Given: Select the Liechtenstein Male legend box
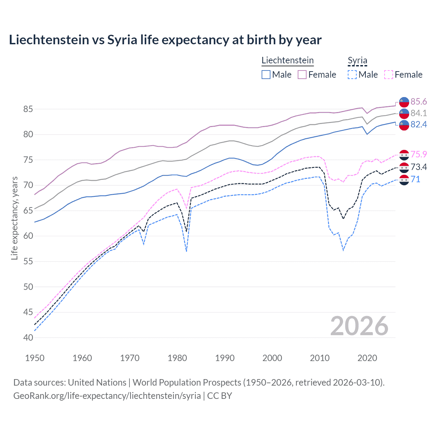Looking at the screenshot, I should pyautogui.click(x=266, y=75).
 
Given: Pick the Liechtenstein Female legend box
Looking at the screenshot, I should pyautogui.click(x=302, y=75).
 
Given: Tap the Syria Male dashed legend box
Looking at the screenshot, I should pyautogui.click(x=352, y=75).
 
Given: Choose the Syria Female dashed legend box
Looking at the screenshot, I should pyautogui.click(x=389, y=75).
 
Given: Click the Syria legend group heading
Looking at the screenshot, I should pyautogui.click(x=357, y=61).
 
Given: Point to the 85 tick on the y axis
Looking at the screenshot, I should pyautogui.click(x=28, y=109).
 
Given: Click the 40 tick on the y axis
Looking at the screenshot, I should pyautogui.click(x=28, y=338).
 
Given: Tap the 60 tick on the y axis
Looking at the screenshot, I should pyautogui.click(x=28, y=236).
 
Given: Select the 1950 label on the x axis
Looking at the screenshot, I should pyautogui.click(x=35, y=358).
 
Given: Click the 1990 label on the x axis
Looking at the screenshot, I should pyautogui.click(x=225, y=358).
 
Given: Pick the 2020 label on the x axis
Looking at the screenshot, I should pyautogui.click(x=367, y=358).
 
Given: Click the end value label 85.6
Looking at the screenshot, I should pyautogui.click(x=419, y=102).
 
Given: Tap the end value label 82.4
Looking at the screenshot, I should pyautogui.click(x=419, y=125).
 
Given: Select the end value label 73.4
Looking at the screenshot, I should pyautogui.click(x=419, y=167).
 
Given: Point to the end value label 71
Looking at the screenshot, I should pyautogui.click(x=416, y=180).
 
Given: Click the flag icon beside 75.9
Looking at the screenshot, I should pyautogui.click(x=404, y=155).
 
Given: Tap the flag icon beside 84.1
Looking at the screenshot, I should pyautogui.click(x=404, y=113).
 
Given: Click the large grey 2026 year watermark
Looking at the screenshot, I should pyautogui.click(x=359, y=326).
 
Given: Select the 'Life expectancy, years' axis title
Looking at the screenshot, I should pyautogui.click(x=15, y=218).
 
